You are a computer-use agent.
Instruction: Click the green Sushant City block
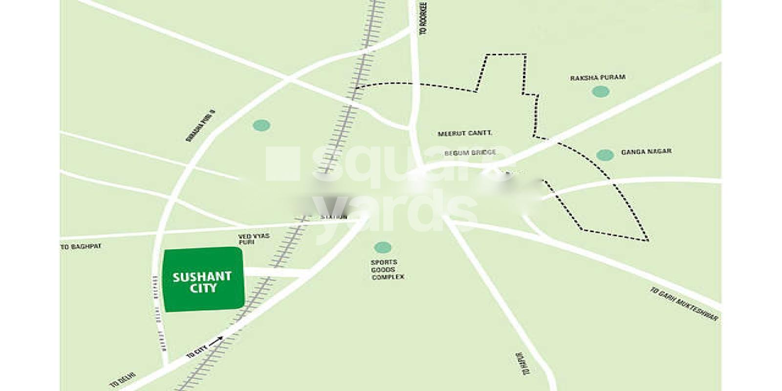click(x=203, y=280)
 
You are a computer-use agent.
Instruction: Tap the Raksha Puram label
click(x=597, y=78)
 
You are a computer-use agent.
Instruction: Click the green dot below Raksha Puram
click(x=600, y=91)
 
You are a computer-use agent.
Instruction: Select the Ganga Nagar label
click(x=646, y=152)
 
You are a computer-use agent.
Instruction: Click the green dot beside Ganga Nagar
click(x=605, y=155)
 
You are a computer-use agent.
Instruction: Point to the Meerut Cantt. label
click(x=465, y=133)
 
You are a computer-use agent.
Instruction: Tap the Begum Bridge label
click(x=469, y=153)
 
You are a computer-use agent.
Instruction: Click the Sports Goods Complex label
click(x=388, y=270)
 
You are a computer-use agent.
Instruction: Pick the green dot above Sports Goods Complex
click(x=382, y=247)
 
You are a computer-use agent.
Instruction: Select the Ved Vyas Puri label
click(x=254, y=239)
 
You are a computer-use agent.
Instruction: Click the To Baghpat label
click(x=81, y=247)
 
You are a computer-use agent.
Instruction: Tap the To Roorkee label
click(x=423, y=19)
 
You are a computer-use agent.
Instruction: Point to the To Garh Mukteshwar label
click(x=684, y=304)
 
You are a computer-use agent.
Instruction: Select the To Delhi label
click(x=123, y=380)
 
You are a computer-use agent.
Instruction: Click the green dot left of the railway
click(x=261, y=126)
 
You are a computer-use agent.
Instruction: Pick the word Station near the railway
click(x=334, y=217)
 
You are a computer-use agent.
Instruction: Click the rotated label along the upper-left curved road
click(x=201, y=126)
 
